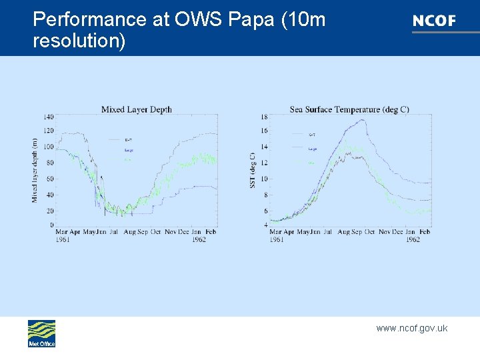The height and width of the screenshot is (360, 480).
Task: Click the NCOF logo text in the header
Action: pos(434,21)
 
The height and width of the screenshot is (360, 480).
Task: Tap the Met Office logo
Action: pos(41,333)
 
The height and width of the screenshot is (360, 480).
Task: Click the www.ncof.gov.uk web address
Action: pos(411,328)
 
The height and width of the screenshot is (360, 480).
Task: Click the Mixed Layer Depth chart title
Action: pos(136,109)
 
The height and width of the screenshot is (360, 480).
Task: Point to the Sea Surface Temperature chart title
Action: pos(349,109)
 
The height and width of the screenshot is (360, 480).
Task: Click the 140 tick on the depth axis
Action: pos(48,117)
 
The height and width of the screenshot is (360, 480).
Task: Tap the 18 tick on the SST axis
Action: pos(264,117)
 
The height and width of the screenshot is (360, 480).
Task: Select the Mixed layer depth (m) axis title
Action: pos(35,170)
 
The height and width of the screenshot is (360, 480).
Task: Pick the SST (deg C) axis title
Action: pos(253,170)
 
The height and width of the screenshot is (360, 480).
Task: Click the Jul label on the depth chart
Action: pos(113,232)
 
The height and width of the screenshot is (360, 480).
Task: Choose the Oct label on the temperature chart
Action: pos(368,232)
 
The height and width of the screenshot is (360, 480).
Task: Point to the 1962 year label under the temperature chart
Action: pos(413,239)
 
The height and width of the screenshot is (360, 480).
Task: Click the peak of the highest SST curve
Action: pos(361,121)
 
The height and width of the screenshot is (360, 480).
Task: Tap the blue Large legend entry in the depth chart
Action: pos(128,150)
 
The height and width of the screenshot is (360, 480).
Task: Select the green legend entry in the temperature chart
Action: pos(312,162)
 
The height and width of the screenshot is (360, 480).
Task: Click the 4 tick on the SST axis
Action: pos(265,225)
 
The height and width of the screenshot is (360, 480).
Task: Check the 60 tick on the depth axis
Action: pos(50,179)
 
